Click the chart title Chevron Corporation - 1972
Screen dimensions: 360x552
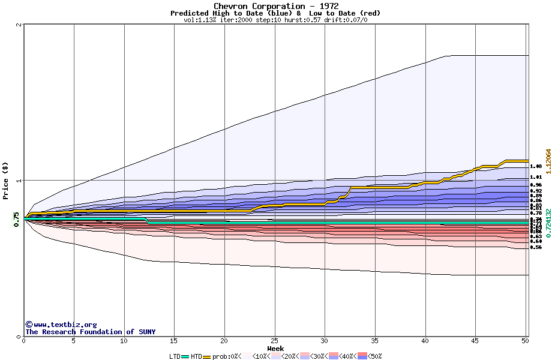[275, 6]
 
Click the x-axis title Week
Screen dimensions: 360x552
[275, 348]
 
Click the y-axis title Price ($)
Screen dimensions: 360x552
[5, 181]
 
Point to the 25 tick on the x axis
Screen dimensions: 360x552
[274, 341]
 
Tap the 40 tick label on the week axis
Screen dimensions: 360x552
[425, 341]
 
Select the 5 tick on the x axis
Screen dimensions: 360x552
[74, 341]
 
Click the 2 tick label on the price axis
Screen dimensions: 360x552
[19, 25]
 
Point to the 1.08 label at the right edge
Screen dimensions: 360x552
[536, 166]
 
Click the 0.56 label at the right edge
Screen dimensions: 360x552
[536, 247]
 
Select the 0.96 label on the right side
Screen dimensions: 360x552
[536, 185]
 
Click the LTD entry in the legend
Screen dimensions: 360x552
[175, 356]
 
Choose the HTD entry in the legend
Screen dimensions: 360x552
[196, 356]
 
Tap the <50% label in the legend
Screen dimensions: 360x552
[375, 356]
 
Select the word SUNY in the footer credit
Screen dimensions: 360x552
[146, 332]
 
